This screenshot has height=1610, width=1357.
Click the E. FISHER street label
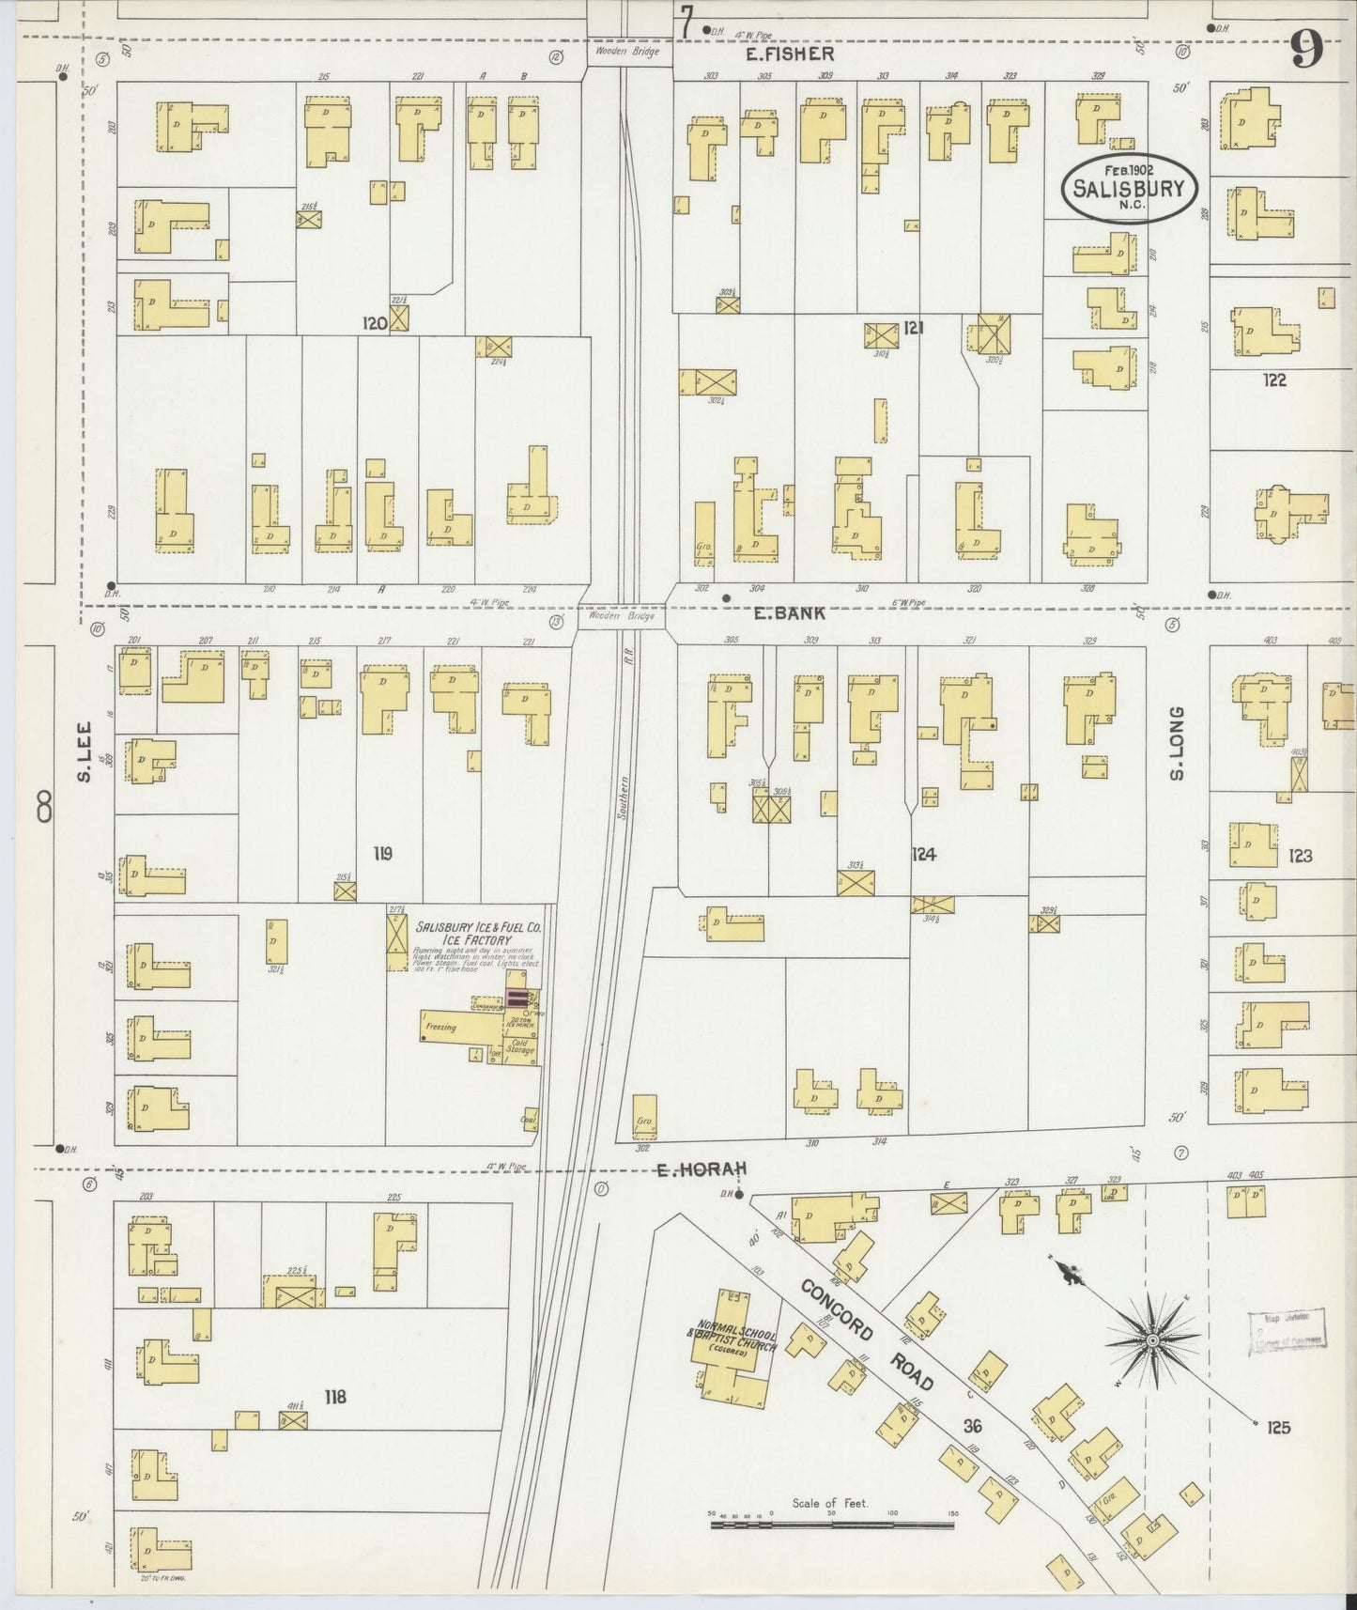click(x=789, y=54)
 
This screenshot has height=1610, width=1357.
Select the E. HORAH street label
click(x=701, y=1169)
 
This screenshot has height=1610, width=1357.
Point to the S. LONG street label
click(x=1176, y=742)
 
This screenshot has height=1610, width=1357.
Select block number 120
click(x=376, y=323)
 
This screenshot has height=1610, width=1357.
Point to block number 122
click(x=1274, y=380)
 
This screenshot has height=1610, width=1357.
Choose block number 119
click(x=381, y=854)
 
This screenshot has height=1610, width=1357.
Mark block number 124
click(x=923, y=855)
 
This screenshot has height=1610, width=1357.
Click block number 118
click(x=335, y=1398)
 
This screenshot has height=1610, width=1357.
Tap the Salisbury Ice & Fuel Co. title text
click(x=478, y=932)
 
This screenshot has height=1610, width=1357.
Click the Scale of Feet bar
click(x=830, y=1526)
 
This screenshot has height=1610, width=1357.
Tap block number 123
click(x=1300, y=856)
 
